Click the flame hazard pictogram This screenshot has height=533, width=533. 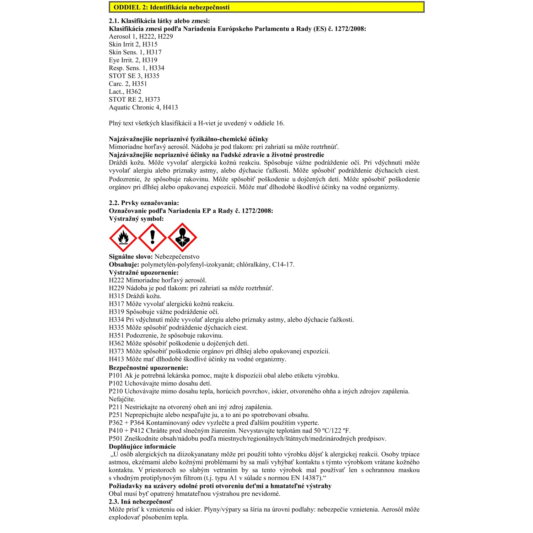pos(123,238)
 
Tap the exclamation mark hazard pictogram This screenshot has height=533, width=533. pos(152,238)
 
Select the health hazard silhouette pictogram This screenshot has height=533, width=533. pos(182,238)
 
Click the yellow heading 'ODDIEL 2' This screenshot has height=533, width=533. pos(172,7)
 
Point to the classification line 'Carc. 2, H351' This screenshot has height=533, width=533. pos(128,84)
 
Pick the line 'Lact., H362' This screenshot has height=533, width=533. pos(125,92)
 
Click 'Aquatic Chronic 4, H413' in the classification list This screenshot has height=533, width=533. pos(143,107)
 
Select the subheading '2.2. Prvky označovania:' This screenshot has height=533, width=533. pos(144,203)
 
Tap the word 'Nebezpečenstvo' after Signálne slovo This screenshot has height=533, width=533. pos(177,257)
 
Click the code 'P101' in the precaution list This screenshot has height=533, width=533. pos(115,376)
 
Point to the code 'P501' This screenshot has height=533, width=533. pos(115,438)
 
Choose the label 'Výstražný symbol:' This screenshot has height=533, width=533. pos(136,219)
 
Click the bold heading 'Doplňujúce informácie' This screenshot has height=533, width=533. pos(142,447)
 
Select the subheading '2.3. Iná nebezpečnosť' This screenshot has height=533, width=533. pos(140,502)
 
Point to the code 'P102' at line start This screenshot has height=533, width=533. pos(115,383)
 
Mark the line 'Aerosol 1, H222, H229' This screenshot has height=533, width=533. pos(141,37)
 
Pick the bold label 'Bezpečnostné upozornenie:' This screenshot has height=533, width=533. pos(149,368)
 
